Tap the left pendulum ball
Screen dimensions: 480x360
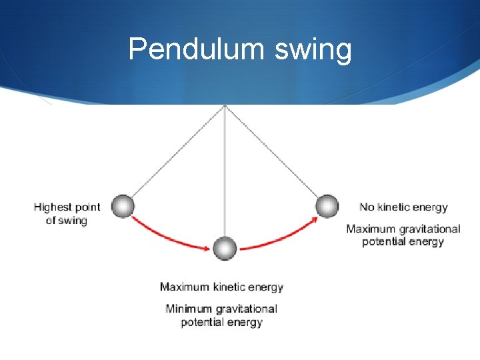click(x=123, y=207)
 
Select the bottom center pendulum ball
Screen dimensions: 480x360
click(x=225, y=248)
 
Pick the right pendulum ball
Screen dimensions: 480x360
click(x=327, y=206)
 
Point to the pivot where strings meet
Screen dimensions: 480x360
click(x=225, y=105)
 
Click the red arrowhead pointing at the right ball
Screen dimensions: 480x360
click(x=313, y=219)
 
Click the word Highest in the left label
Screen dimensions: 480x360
click(x=53, y=207)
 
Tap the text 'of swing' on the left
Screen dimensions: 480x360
click(x=66, y=221)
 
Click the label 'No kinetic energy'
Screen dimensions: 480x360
click(x=403, y=207)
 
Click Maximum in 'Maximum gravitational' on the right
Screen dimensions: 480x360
click(x=371, y=229)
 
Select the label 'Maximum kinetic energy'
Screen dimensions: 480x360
click(x=221, y=287)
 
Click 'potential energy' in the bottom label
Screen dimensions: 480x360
click(x=221, y=323)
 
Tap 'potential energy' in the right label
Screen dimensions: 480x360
click(x=403, y=242)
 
